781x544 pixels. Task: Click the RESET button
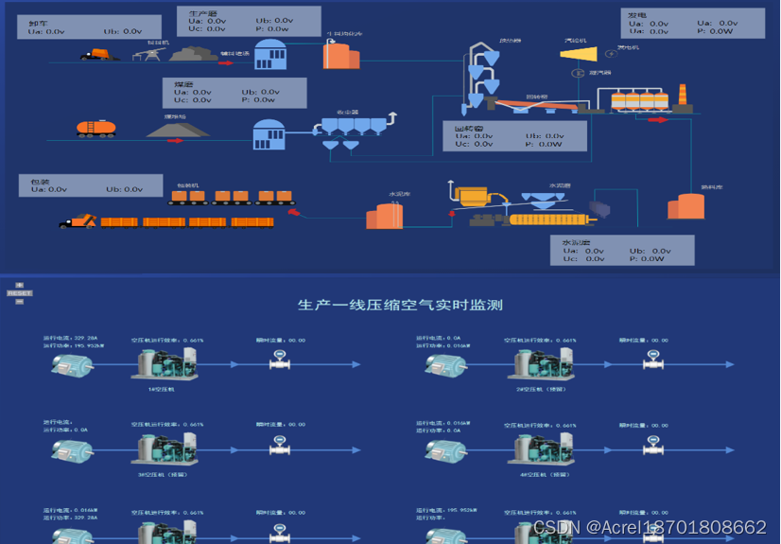pyautogui.click(x=19, y=293)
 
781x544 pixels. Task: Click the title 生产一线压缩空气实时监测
pyautogui.click(x=400, y=305)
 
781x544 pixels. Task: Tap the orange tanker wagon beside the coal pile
pyautogui.click(x=96, y=128)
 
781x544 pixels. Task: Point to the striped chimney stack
pyautogui.click(x=682, y=97)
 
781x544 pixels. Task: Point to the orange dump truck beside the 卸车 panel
pyautogui.click(x=100, y=54)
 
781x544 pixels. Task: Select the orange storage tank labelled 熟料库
pyautogui.click(x=686, y=207)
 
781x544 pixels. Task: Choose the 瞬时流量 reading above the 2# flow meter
pyautogui.click(x=643, y=341)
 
